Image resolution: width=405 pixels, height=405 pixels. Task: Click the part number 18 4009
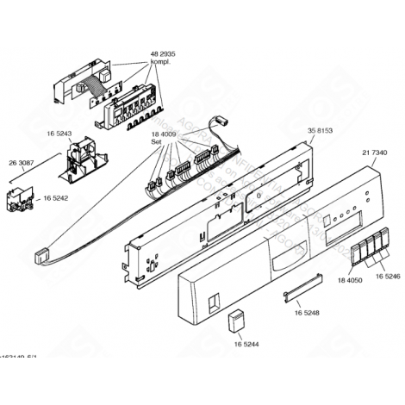point(163,134)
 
